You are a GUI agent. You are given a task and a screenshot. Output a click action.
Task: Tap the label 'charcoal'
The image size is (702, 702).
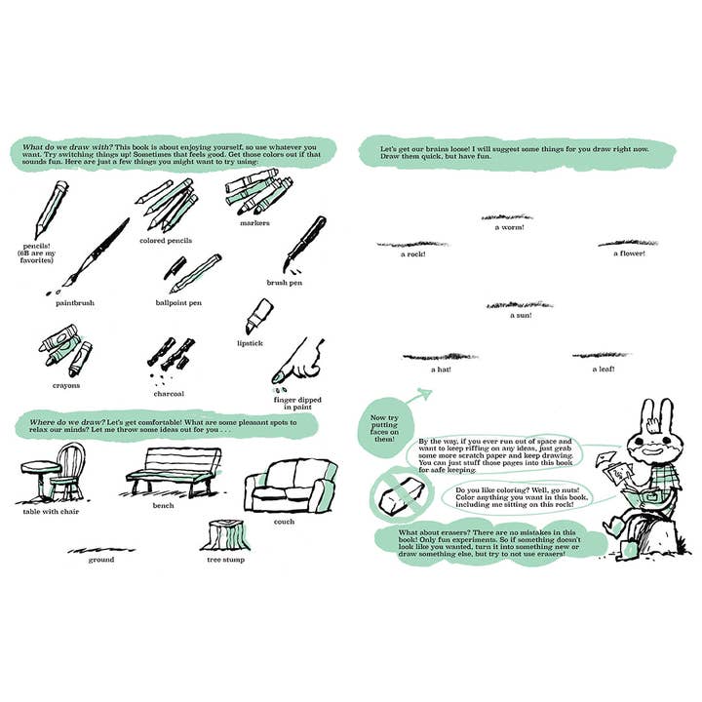pos(169,393)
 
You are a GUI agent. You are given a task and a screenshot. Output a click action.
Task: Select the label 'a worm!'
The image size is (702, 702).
pos(509,228)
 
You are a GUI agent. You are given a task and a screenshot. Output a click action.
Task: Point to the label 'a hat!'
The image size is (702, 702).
pos(440,370)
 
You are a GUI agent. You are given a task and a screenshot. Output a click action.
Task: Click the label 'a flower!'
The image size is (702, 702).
pos(630,254)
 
